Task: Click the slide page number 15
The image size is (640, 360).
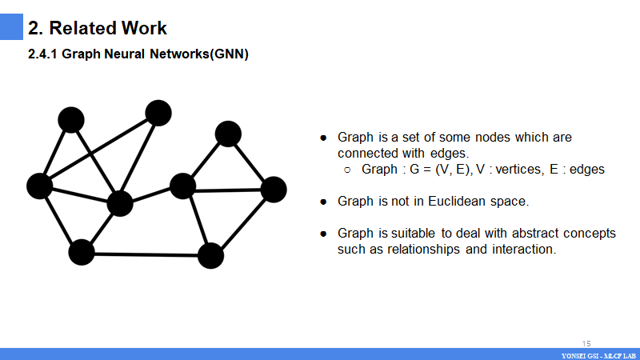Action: coord(586,342)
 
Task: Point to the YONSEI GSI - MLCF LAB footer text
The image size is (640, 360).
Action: coord(598,354)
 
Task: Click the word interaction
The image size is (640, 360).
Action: coord(525,249)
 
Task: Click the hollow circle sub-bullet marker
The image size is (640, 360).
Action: coord(348,170)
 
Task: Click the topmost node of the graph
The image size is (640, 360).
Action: coord(158,113)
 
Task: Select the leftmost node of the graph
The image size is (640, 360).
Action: coord(39,186)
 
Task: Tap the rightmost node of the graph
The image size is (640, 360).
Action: coord(274,190)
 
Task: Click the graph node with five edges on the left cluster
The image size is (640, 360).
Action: coord(119,203)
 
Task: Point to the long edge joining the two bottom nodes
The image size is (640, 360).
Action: coord(146,254)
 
